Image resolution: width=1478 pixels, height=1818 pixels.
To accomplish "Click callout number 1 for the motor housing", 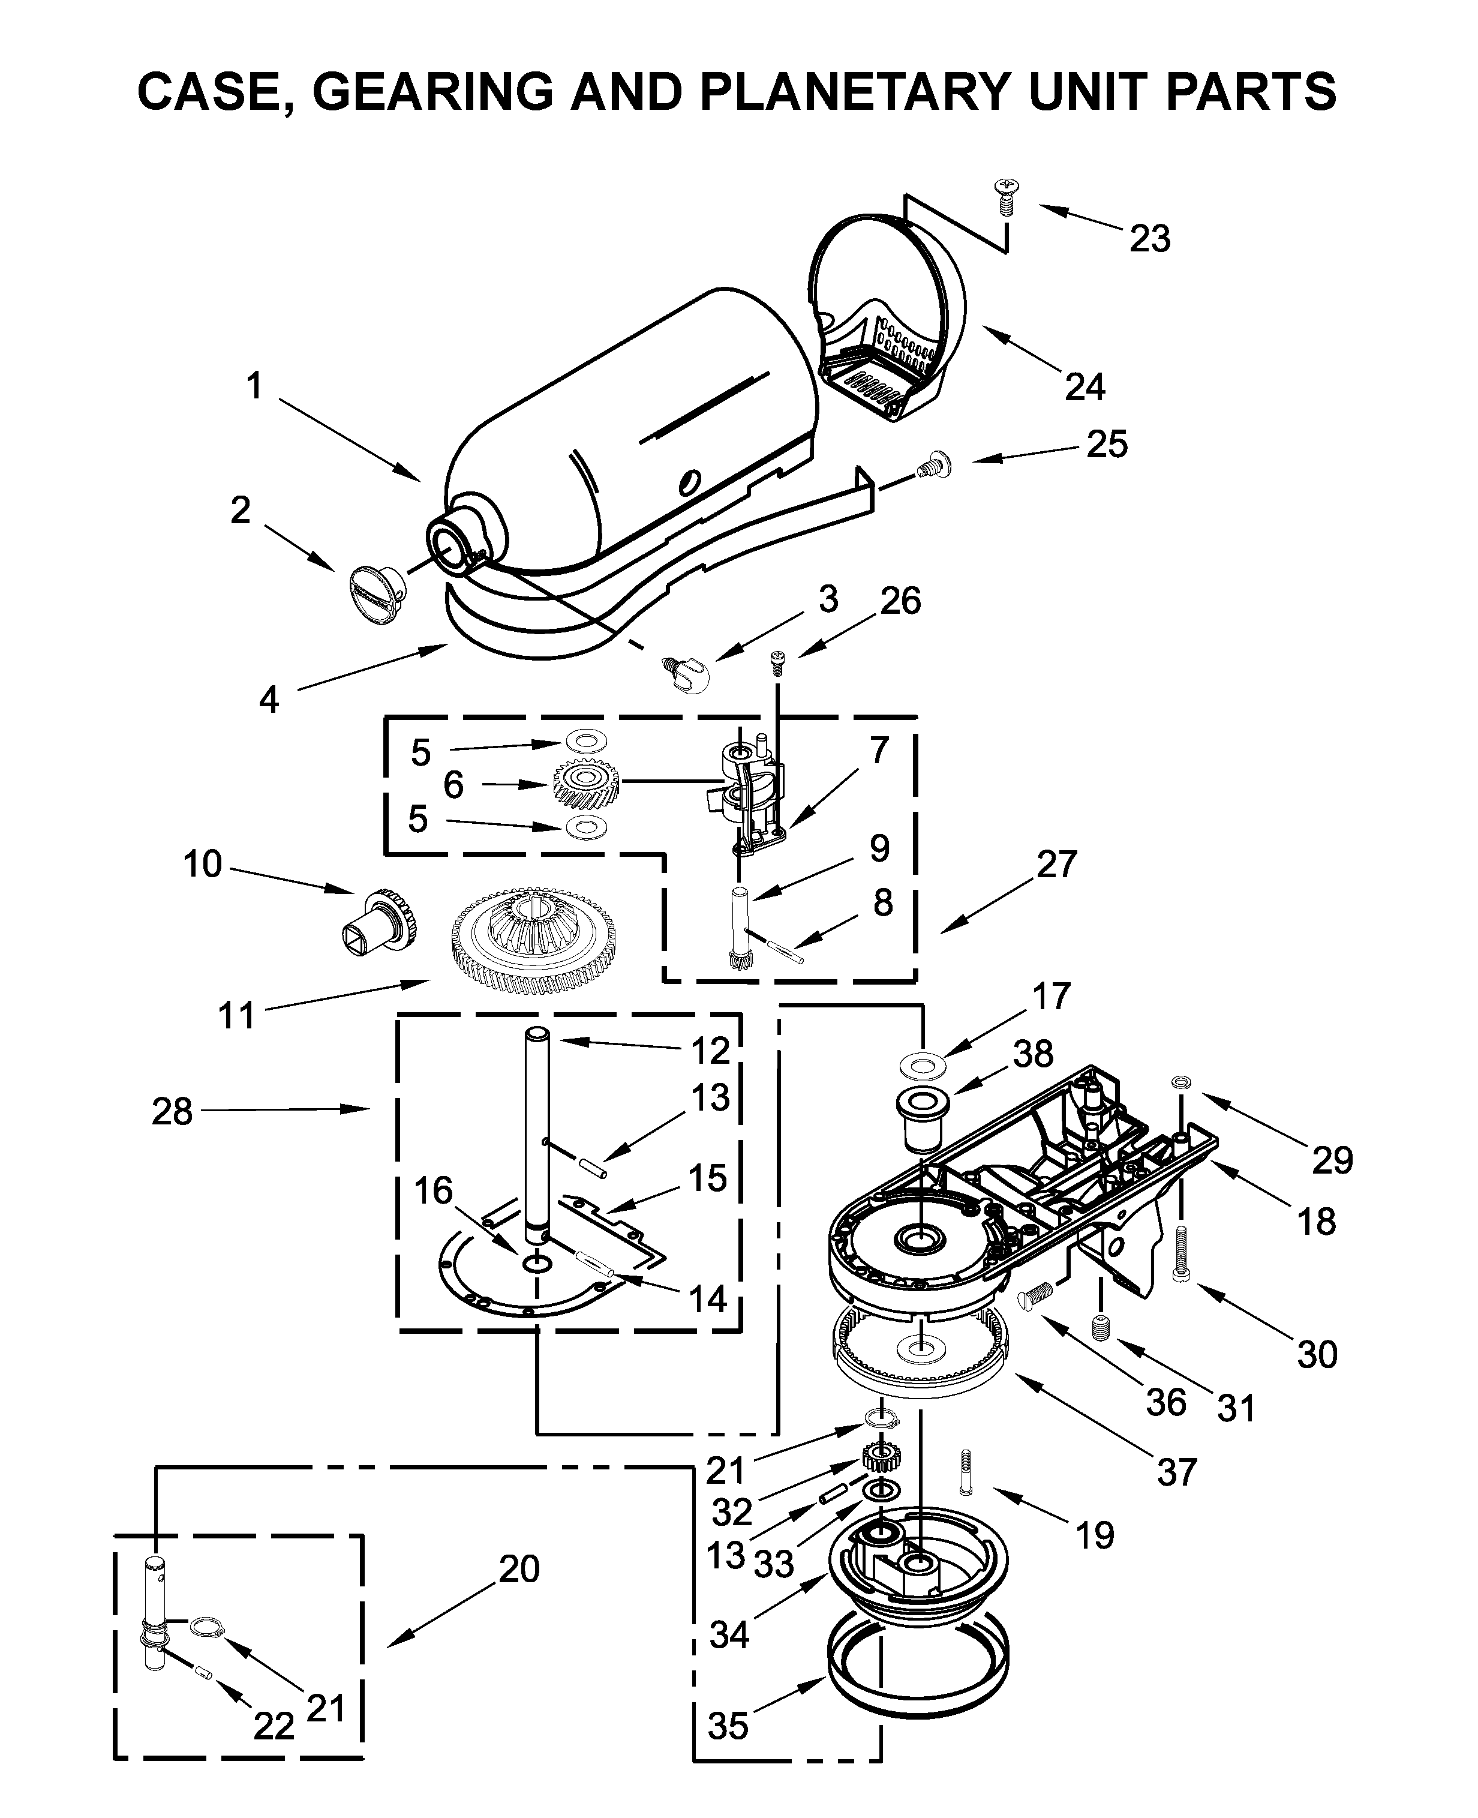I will point(254,386).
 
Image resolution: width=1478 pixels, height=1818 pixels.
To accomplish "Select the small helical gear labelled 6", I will point(586,784).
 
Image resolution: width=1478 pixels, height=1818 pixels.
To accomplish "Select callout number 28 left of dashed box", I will point(172,1112).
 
